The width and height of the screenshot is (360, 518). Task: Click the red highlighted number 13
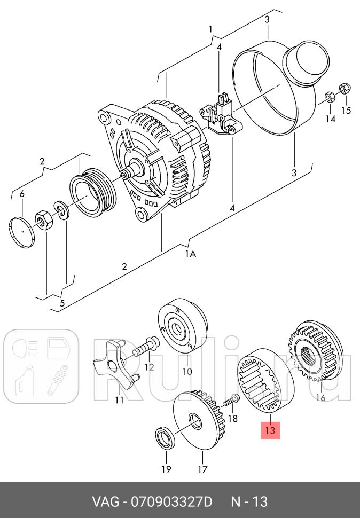[x=270, y=430]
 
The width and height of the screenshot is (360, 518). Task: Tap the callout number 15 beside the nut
[x=346, y=109]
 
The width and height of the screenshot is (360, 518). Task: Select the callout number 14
[x=330, y=119]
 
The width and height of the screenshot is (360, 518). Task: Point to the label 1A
[x=190, y=254]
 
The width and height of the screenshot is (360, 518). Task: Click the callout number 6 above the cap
[x=22, y=194]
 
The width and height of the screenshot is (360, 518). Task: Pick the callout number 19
[x=166, y=469]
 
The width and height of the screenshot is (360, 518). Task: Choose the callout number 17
[x=202, y=469]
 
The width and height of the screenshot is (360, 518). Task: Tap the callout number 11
[x=119, y=400]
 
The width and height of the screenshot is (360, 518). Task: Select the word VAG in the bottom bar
[x=105, y=502]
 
